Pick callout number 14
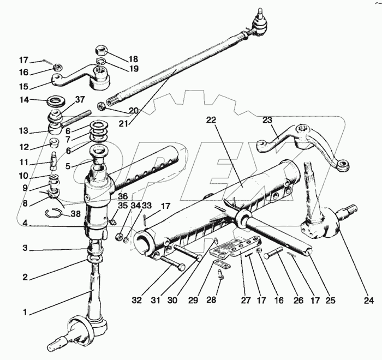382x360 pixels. [x=23, y=100]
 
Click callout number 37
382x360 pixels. [x=80, y=99]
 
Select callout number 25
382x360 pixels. [x=330, y=299]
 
